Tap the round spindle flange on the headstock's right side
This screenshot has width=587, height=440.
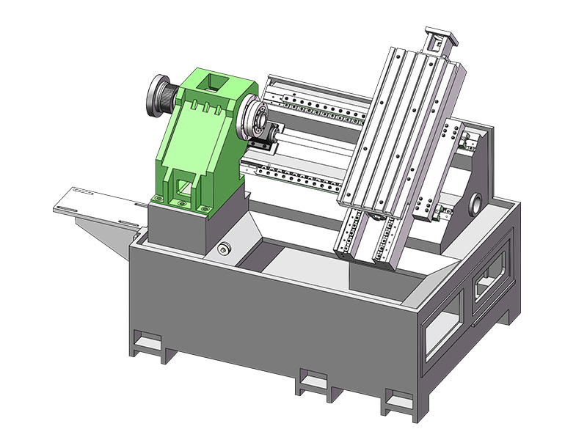click(258, 117)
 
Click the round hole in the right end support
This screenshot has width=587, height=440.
click(475, 200)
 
